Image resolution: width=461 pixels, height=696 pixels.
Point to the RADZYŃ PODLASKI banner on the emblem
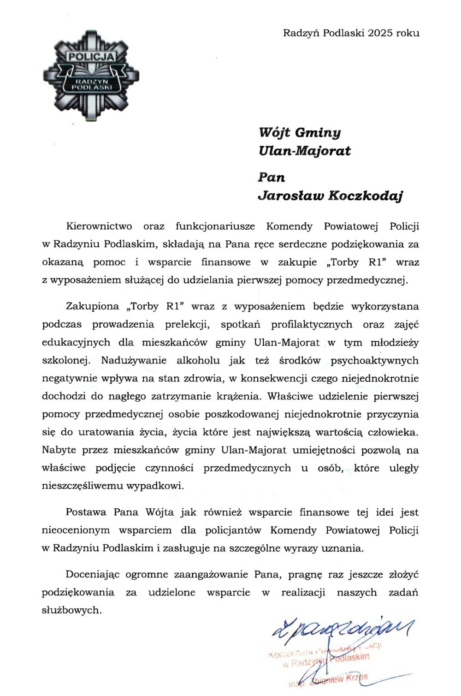[x=91, y=84]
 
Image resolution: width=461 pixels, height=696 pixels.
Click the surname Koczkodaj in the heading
[x=366, y=196]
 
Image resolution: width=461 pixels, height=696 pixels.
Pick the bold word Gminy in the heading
[x=318, y=133]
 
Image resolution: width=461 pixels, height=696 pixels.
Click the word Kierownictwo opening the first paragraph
[x=99, y=226]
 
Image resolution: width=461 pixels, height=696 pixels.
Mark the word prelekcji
[x=187, y=324]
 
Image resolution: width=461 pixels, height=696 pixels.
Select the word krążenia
[x=239, y=396]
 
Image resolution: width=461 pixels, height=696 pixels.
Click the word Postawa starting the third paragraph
[x=86, y=512]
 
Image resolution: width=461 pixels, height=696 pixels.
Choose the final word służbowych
[x=71, y=610]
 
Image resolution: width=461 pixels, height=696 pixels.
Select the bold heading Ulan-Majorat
[x=305, y=151]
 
